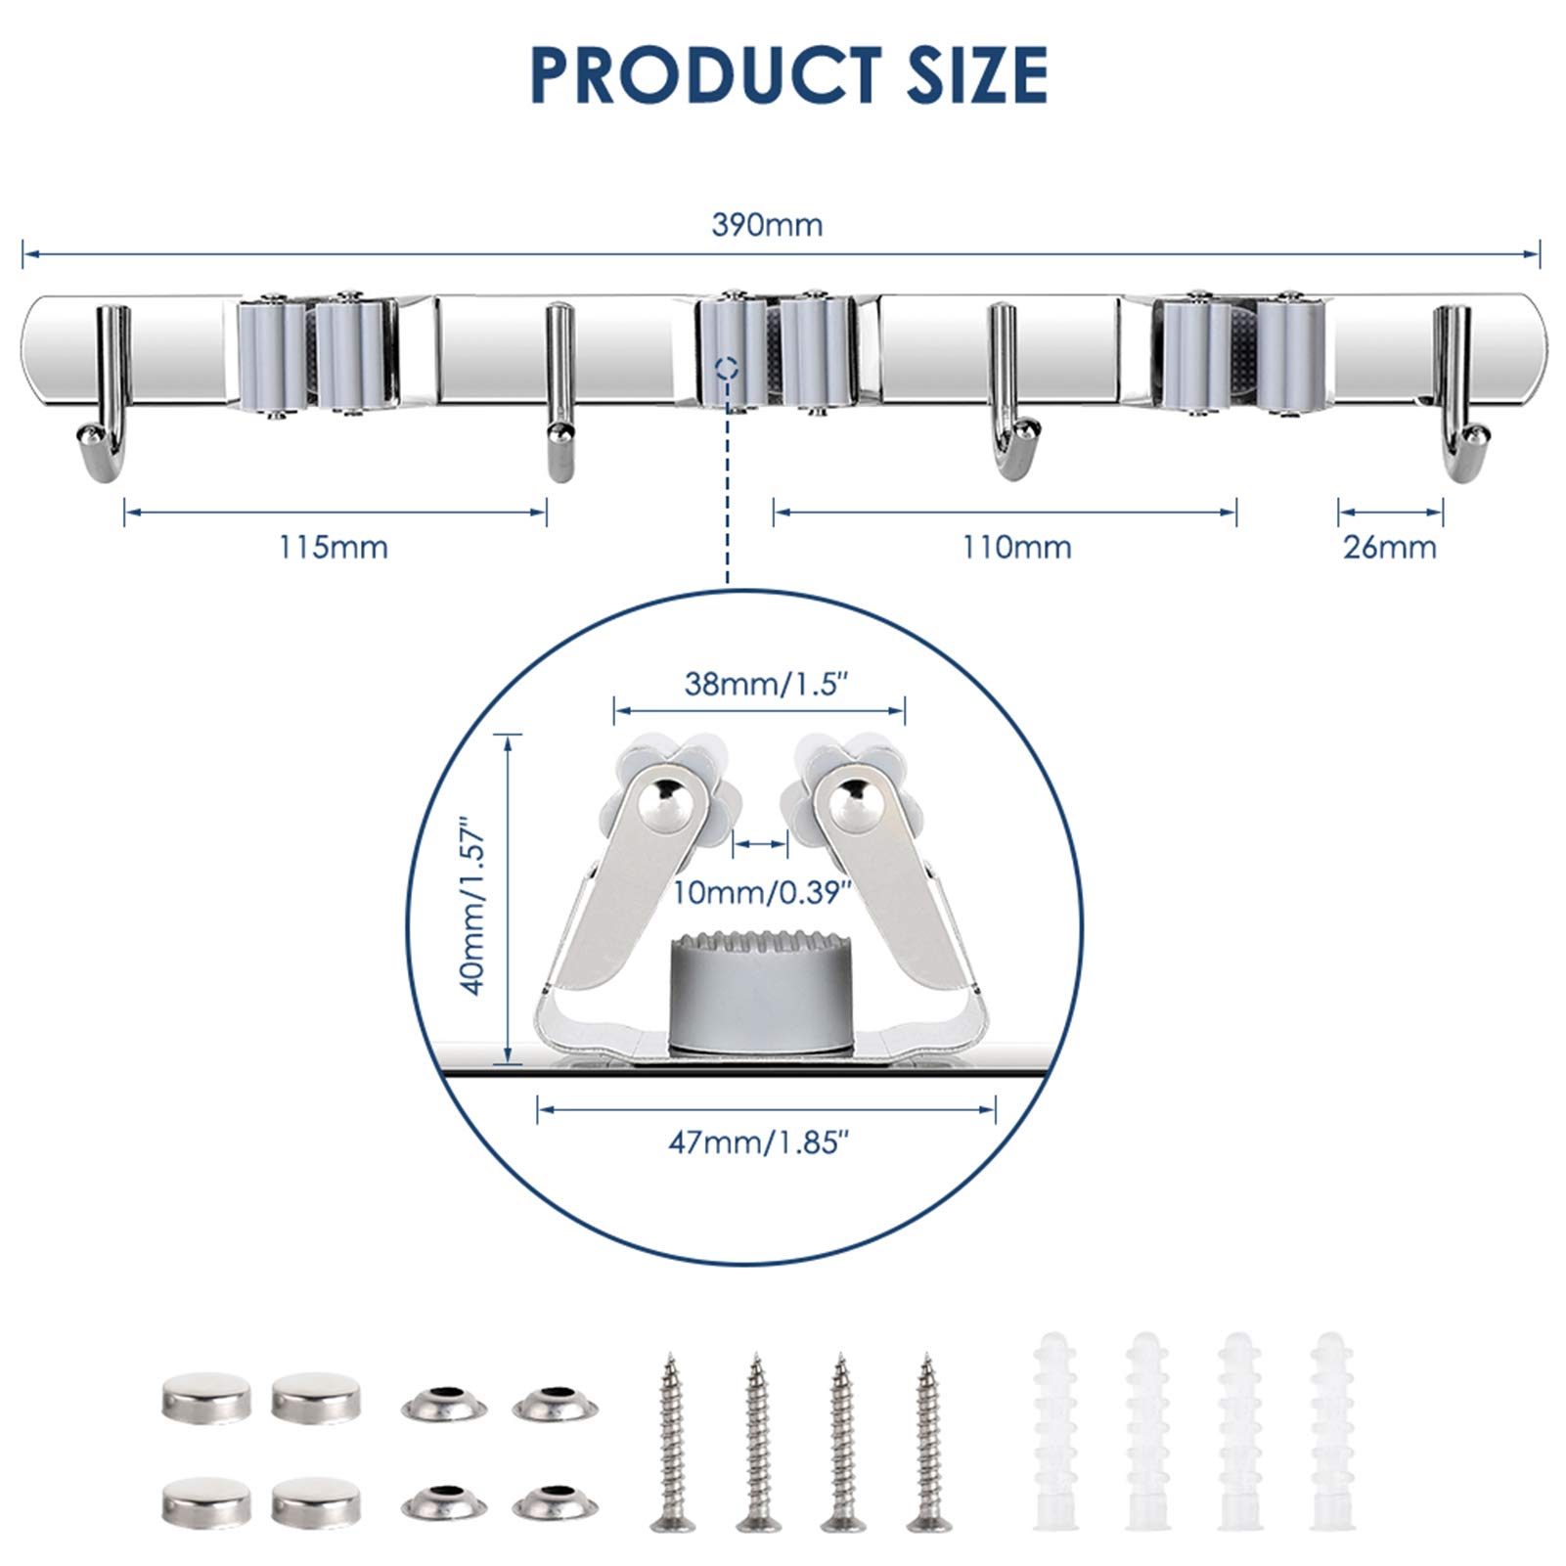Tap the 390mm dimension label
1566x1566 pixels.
(767, 225)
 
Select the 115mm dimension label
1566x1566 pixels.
(334, 547)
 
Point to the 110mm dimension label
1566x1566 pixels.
(1016, 547)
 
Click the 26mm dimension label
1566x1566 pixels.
(1389, 547)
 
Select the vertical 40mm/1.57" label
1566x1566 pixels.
(473, 906)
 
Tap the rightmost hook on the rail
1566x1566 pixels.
(1459, 392)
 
